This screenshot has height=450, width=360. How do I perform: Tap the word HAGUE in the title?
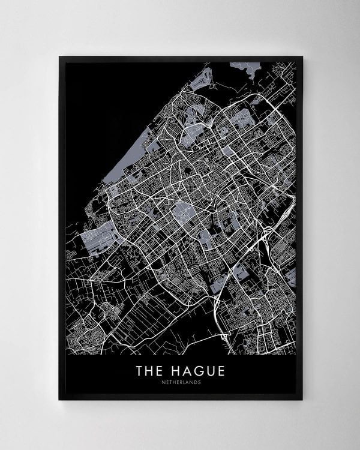tap(196, 371)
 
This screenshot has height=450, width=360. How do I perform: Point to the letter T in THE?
tap(139, 371)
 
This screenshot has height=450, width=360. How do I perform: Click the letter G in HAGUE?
tap(196, 371)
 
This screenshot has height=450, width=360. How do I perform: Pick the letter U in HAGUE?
tap(208, 371)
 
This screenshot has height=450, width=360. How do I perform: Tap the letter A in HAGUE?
tap(184, 371)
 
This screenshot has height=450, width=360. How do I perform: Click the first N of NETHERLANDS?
tap(163, 383)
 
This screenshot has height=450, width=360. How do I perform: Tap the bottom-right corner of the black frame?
tap(302, 400)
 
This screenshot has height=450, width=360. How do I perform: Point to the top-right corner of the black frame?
tap(302, 56)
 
